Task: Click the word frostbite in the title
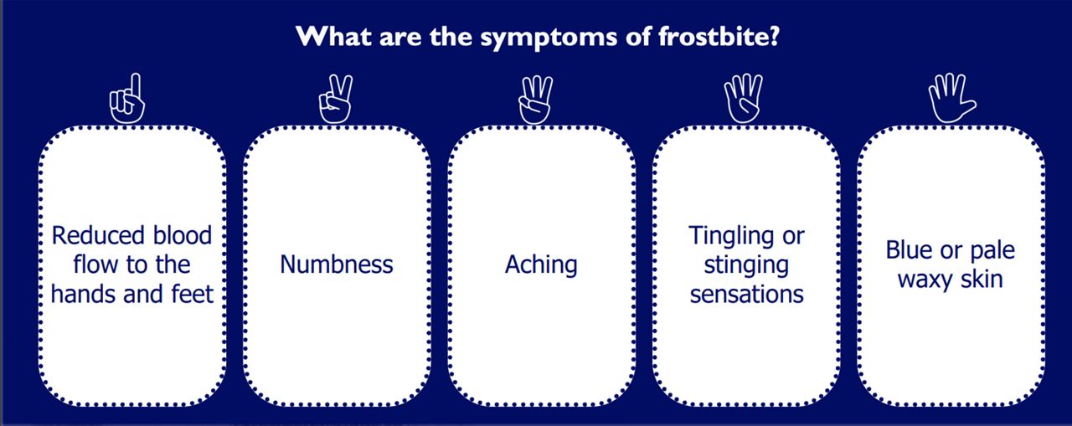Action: tap(719, 36)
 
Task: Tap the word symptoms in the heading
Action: tap(549, 38)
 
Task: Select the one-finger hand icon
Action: tap(127, 99)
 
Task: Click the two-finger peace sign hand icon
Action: tap(336, 99)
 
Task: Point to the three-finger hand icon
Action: tap(535, 100)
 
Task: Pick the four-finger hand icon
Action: tap(743, 99)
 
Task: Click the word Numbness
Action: tap(337, 264)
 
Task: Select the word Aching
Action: tap(541, 265)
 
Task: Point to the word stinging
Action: tap(746, 265)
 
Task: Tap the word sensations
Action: tap(746, 294)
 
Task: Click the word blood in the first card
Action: tap(183, 235)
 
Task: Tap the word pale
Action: tap(992, 251)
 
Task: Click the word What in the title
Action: tap(333, 36)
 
